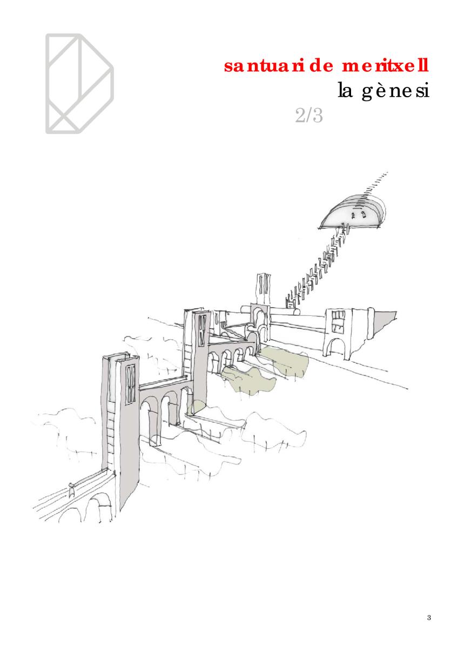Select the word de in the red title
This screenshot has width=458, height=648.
[320, 66]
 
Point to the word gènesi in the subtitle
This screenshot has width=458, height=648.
[395, 91]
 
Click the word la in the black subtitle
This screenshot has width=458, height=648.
[345, 90]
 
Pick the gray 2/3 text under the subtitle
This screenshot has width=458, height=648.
[309, 116]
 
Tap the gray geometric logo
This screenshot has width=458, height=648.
[79, 84]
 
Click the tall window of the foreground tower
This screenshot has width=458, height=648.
[131, 384]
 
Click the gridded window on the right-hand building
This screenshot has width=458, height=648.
[338, 321]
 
